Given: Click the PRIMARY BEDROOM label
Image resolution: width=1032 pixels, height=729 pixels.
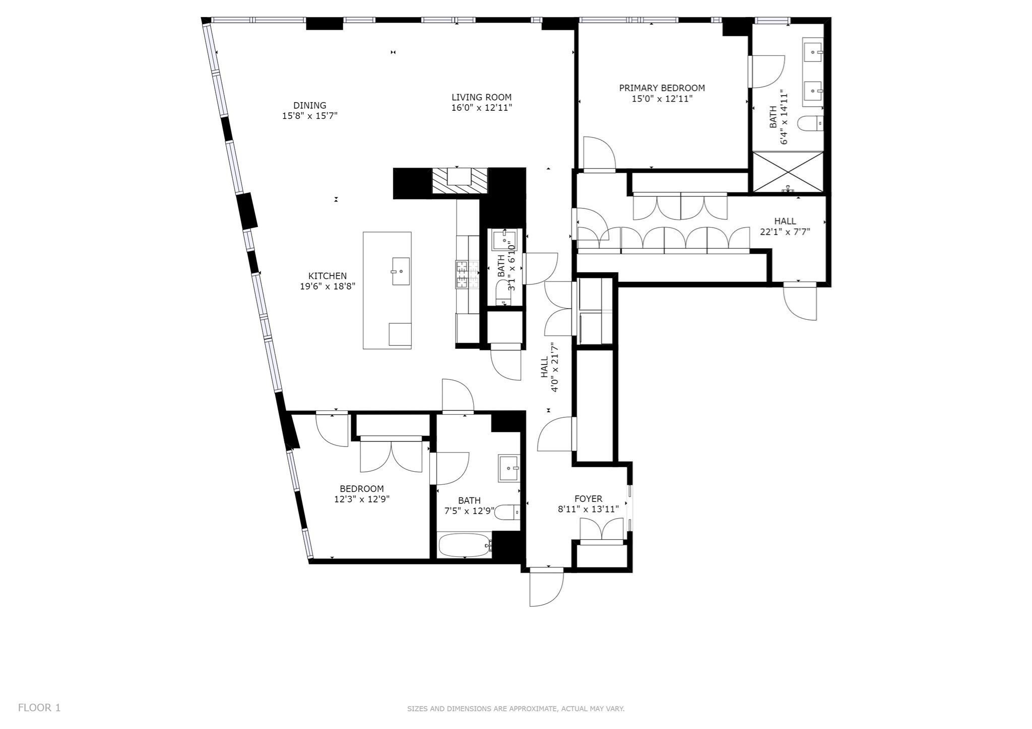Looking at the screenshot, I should tap(662, 88).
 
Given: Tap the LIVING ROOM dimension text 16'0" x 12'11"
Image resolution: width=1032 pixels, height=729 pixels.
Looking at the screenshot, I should tap(481, 107).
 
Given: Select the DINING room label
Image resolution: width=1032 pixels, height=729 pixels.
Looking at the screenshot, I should tap(310, 105).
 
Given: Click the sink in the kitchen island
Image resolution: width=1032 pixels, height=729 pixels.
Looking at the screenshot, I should tap(401, 271).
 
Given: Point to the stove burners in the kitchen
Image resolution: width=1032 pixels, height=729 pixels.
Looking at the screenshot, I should tap(462, 274).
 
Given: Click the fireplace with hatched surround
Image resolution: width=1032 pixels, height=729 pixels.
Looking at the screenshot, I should tap(460, 180).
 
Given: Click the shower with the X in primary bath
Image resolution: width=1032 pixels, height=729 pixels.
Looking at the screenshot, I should tap(788, 172).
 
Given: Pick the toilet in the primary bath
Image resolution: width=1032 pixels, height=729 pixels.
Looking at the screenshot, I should tap(810, 123).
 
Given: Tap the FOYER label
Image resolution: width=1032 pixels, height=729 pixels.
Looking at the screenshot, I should tap(588, 499).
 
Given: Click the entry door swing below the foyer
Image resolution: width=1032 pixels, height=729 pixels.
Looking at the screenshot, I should tap(546, 588).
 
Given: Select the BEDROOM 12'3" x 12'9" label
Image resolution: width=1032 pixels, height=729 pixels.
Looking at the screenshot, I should tap(361, 489).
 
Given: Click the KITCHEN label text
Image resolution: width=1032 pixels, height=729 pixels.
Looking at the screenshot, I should tap(328, 276).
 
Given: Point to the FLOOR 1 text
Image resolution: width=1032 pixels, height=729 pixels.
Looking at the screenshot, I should tap(39, 707).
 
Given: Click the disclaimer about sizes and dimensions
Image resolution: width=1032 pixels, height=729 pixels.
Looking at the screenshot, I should tap(515, 709).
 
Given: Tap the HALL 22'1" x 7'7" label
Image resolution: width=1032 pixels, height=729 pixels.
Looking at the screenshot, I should tap(785, 222).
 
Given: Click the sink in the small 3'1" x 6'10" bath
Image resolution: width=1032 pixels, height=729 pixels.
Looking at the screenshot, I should tap(504, 240).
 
